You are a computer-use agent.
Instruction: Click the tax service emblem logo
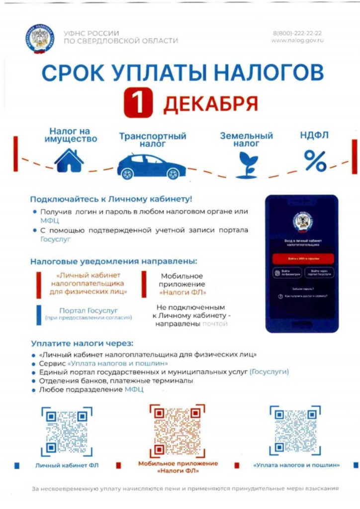pyautogui.click(x=39, y=39)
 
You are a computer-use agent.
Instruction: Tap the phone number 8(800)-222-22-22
pyautogui.click(x=297, y=33)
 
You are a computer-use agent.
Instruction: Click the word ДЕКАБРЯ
pyautogui.click(x=210, y=104)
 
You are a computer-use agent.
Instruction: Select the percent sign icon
pyautogui.click(x=315, y=160)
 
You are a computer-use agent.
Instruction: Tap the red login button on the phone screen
pyautogui.click(x=302, y=258)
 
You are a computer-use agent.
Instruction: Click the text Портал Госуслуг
pyautogui.click(x=89, y=311)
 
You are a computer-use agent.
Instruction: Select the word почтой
pyautogui.click(x=214, y=324)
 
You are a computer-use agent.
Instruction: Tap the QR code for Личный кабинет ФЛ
pyautogui.click(x=67, y=431)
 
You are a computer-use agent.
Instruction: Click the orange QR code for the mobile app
pyautogui.click(x=178, y=430)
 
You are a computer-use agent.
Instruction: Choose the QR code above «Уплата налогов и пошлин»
pyautogui.click(x=295, y=430)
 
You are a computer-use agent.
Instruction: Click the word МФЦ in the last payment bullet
pyautogui.click(x=134, y=390)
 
